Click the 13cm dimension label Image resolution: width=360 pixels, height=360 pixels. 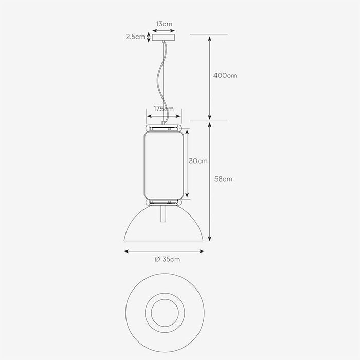164,24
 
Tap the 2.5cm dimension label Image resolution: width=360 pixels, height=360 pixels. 135,37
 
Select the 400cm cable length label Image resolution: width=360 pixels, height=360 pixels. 225,75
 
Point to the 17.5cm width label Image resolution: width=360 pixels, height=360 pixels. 164,109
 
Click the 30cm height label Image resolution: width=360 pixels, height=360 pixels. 198,161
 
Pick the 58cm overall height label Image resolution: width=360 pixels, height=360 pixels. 223,179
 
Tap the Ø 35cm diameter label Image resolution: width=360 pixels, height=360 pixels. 167,259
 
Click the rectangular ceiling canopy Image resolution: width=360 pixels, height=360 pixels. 164,38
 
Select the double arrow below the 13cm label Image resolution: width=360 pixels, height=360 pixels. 164,31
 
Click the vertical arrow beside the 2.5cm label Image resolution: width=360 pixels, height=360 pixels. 149,37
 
